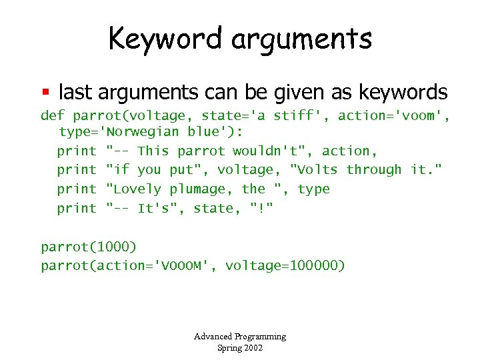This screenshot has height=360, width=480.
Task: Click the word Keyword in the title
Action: click(165, 38)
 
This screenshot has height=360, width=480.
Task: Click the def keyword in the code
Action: click(53, 115)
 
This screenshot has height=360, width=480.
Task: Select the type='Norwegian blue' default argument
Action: click(147, 131)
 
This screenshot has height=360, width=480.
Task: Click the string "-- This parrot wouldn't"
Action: click(206, 151)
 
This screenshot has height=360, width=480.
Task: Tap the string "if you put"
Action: click(156, 170)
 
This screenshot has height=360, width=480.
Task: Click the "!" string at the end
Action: click(261, 209)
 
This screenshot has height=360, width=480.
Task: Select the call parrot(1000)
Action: click(89, 247)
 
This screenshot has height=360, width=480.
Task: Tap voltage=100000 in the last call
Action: click(285, 266)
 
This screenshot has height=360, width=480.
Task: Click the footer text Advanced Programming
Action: click(240, 337)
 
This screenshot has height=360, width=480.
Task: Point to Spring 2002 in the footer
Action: click(240, 347)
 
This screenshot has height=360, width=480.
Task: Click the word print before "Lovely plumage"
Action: click(77, 189)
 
